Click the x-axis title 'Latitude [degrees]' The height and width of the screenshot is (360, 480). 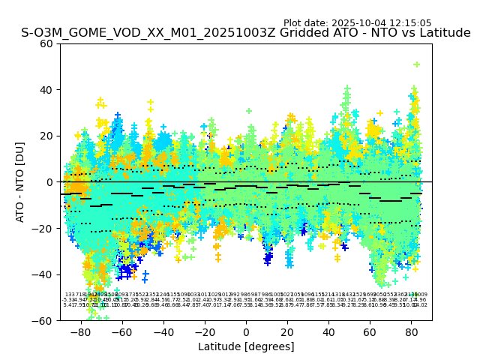(x=246, y=346)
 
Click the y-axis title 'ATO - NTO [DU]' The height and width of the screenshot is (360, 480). (x=20, y=181)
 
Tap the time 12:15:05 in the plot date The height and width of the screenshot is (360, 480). (x=409, y=23)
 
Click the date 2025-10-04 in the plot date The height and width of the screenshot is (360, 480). (x=357, y=23)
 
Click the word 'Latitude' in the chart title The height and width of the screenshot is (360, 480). (x=442, y=34)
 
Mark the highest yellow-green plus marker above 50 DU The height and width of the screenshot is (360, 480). (x=416, y=64)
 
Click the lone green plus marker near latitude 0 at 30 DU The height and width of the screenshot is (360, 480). (x=249, y=111)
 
